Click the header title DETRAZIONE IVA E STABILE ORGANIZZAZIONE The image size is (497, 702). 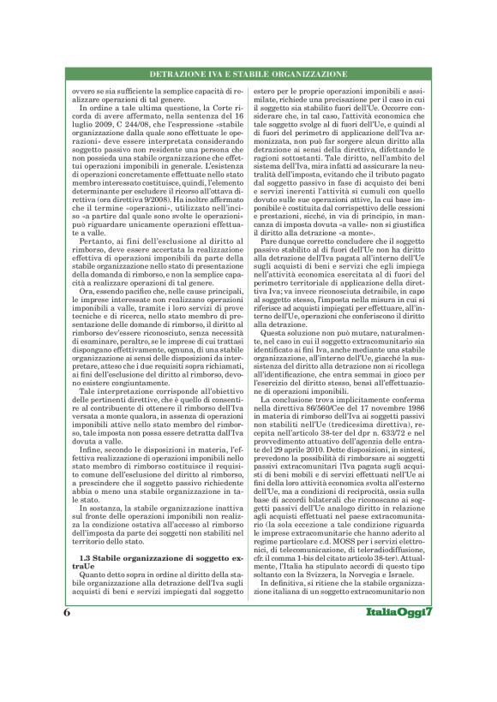248,75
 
